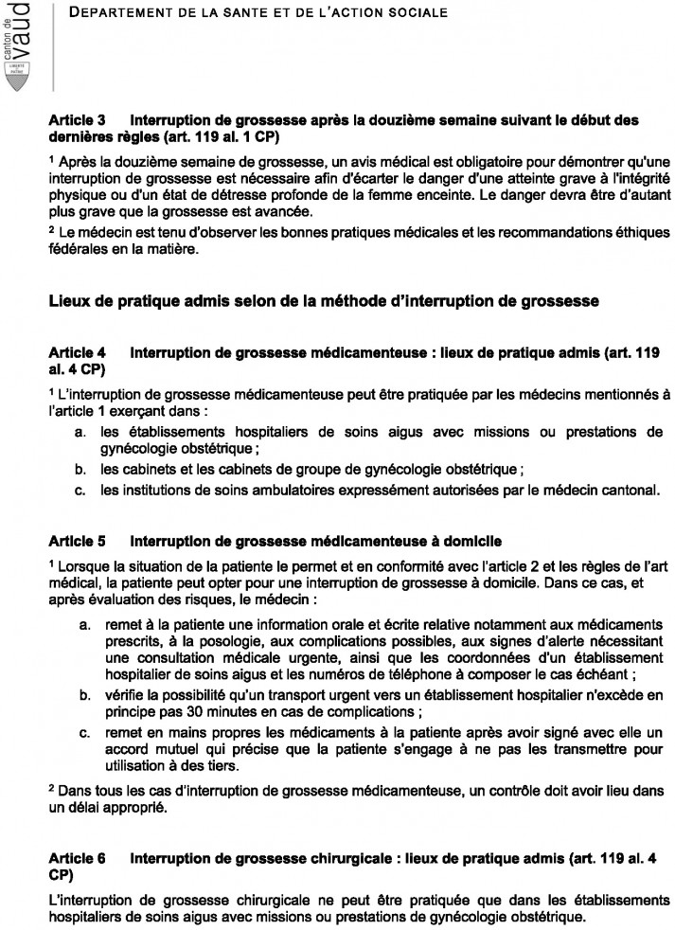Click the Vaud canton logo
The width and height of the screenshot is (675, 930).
point(17,45)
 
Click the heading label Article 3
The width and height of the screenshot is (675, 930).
point(78,120)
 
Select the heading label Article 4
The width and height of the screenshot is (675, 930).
point(78,352)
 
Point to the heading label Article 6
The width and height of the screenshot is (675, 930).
point(78,857)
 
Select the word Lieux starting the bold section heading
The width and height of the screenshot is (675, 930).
point(72,301)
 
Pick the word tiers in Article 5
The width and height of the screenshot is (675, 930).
point(248,767)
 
